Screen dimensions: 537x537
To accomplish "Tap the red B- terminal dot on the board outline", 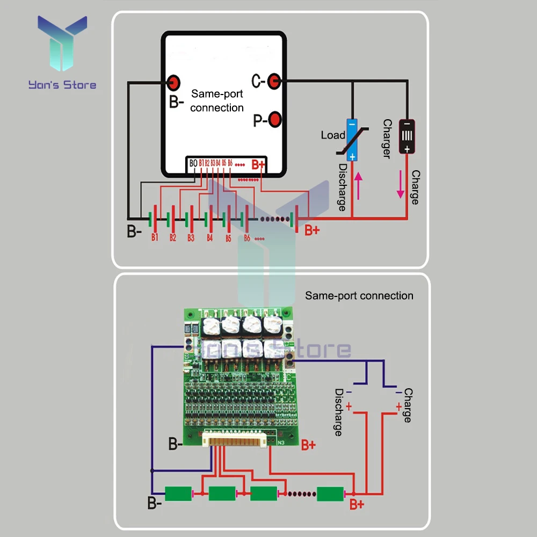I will [173, 82].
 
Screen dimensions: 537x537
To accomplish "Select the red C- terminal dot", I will [274, 81].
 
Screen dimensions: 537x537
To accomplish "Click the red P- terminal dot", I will [275, 119].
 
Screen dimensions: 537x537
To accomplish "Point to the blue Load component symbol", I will [352, 139].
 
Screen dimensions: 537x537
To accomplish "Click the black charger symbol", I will [407, 136].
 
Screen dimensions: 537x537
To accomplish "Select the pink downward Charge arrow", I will [400, 184].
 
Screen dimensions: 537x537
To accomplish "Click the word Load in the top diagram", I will [332, 135].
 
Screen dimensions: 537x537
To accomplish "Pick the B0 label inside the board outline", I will [193, 163].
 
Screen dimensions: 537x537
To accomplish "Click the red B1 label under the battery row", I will [155, 237].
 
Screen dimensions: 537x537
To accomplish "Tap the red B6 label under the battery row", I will [247, 237].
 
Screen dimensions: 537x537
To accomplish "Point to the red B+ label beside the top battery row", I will [312, 231].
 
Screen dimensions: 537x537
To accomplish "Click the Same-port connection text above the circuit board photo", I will [359, 296].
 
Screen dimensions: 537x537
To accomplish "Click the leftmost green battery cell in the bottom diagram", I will [178, 494].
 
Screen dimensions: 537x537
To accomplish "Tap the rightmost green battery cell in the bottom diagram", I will [330, 494].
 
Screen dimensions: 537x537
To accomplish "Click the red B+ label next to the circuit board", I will [308, 445].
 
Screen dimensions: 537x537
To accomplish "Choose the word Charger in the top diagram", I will [386, 139].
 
